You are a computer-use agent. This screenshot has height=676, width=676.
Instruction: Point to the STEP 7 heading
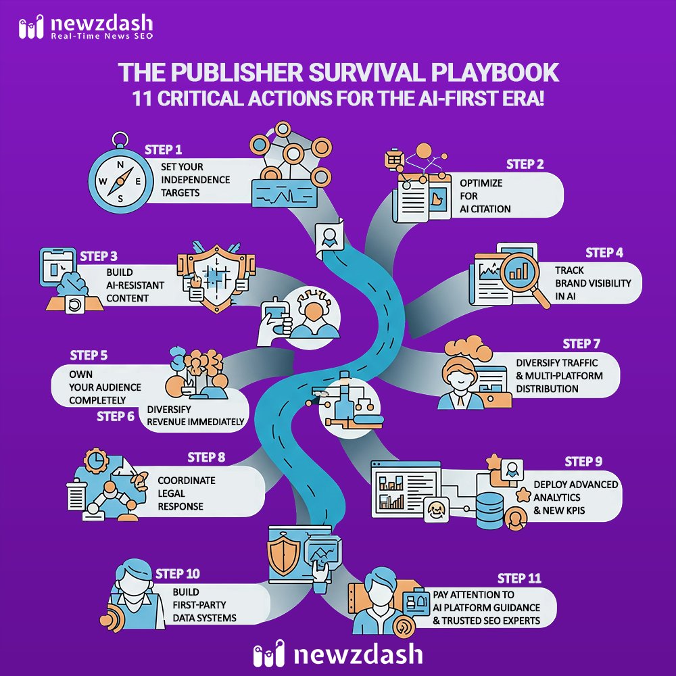[x=586, y=344]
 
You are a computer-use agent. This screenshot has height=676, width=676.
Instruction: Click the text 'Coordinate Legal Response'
[x=187, y=493]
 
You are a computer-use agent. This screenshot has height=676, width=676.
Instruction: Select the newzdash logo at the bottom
[x=337, y=654]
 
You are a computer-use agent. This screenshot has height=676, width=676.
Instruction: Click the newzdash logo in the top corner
[x=85, y=28]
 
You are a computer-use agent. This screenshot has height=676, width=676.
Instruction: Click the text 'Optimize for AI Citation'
[x=485, y=196]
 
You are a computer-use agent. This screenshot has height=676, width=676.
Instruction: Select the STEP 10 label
[x=178, y=575]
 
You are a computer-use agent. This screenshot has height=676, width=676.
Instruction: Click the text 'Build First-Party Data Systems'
[x=203, y=605]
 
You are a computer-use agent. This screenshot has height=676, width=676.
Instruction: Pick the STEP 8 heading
[x=206, y=458]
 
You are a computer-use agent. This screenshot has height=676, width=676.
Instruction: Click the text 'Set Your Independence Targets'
[x=196, y=180]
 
